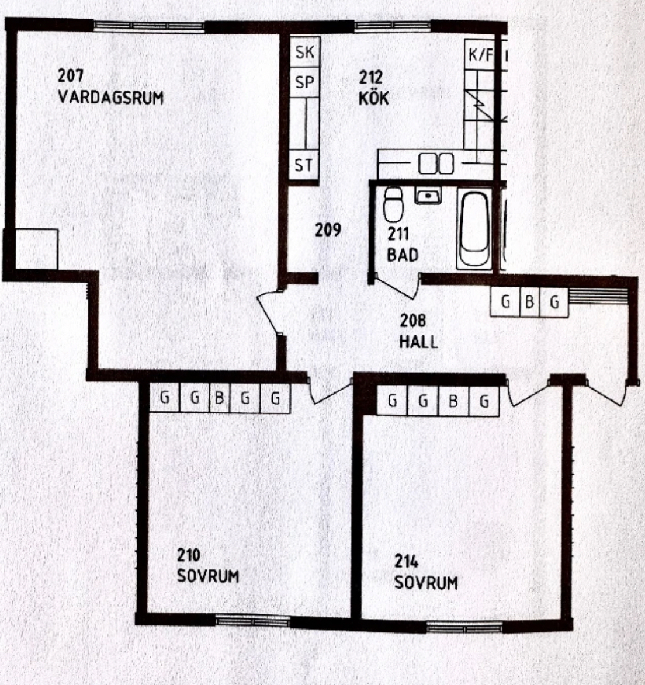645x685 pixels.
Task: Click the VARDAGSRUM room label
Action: [110, 97]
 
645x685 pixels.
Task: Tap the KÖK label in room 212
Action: [374, 98]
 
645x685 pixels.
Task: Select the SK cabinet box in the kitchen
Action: [305, 52]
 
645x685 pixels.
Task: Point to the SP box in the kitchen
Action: [305, 82]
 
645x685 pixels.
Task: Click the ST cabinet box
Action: [304, 166]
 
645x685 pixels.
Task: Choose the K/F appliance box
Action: [480, 55]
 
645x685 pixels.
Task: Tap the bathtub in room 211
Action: [474, 229]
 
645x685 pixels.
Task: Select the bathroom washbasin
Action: [428, 195]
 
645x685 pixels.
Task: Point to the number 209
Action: [328, 230]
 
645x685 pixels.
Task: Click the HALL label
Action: [418, 342]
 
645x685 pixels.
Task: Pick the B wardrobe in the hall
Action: [530, 302]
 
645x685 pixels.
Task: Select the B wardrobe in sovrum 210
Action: [219, 398]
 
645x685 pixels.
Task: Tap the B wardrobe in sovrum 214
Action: [453, 401]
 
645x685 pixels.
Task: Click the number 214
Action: [407, 561]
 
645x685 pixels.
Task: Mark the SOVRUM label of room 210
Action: [208, 576]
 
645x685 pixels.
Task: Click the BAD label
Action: [403, 255]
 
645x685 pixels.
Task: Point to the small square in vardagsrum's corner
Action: [37, 249]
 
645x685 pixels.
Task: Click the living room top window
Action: [149, 26]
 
